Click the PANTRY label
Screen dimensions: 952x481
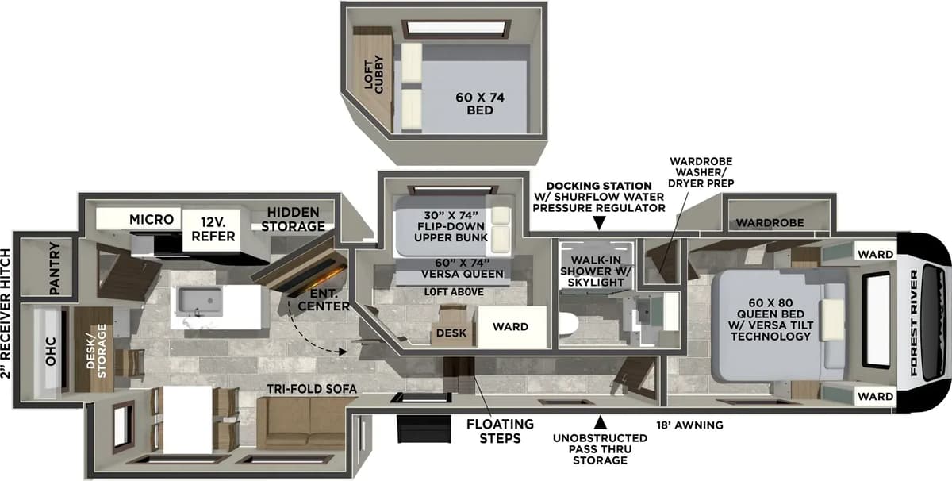point(55,268)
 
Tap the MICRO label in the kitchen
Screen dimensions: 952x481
point(152,219)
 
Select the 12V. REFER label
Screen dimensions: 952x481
point(213,229)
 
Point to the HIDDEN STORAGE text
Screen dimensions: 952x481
point(294,219)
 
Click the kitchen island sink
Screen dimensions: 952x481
point(200,302)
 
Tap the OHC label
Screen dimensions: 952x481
point(51,352)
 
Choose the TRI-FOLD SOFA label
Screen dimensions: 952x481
point(312,389)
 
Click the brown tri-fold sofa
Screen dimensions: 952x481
point(301,423)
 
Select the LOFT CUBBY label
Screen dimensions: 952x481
point(374,75)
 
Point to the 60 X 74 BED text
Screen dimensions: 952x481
point(480,103)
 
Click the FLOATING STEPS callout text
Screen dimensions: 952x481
point(500,431)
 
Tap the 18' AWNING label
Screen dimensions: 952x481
point(689,425)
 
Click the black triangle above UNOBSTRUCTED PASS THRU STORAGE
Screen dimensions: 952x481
point(600,423)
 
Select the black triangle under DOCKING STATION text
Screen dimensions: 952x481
point(599,223)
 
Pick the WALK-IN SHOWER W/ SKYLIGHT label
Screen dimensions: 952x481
point(596,271)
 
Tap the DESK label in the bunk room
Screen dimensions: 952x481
point(451,333)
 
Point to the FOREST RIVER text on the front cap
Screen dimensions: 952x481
point(914,323)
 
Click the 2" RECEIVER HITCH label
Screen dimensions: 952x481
point(6,314)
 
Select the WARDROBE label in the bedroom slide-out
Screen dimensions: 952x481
point(770,222)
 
